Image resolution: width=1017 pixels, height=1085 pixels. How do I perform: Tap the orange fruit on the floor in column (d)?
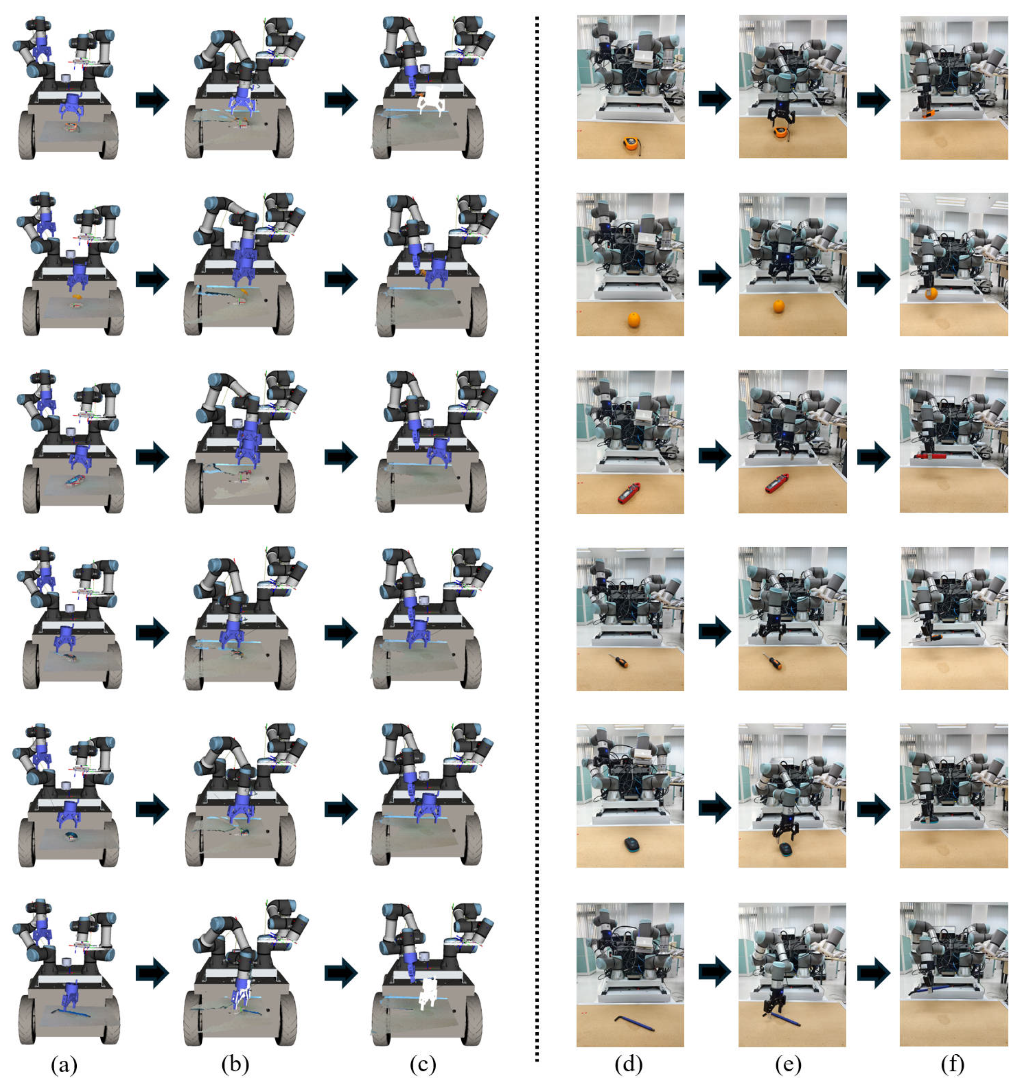pyautogui.click(x=633, y=319)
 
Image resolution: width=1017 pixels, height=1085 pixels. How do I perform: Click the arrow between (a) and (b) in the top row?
pyautogui.click(x=152, y=100)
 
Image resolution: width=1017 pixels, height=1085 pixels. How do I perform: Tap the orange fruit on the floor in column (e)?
pyautogui.click(x=779, y=306)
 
